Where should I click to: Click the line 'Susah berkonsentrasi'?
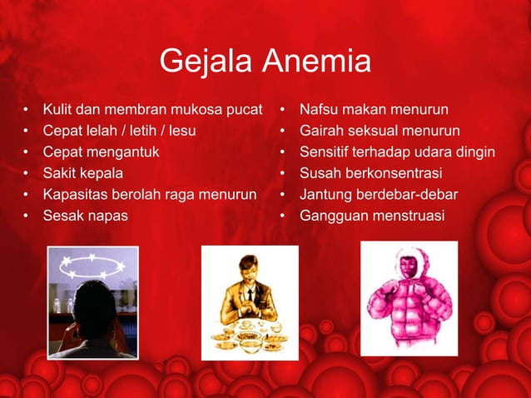[x=370, y=174]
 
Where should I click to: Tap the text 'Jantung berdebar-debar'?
[x=378, y=196]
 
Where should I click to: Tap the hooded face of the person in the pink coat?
[x=407, y=268]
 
